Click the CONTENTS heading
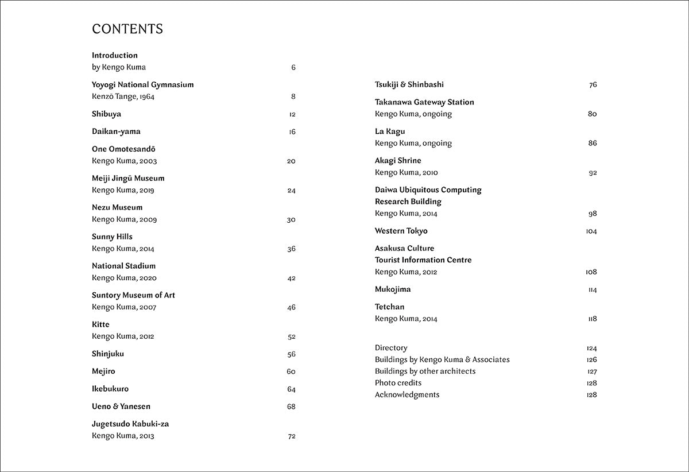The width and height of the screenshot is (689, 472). [127, 29]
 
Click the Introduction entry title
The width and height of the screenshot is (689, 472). [115, 56]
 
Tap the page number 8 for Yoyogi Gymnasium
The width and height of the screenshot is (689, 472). [293, 96]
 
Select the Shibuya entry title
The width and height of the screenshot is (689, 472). [106, 114]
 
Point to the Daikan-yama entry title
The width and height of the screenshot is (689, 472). [116, 131]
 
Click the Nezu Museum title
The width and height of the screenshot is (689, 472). [117, 207]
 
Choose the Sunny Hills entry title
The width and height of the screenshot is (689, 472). [112, 237]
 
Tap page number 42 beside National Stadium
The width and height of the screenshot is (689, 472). [291, 278]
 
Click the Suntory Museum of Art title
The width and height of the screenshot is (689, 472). [133, 295]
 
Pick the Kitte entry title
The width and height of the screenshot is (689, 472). [100, 324]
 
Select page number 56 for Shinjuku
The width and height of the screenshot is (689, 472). [291, 354]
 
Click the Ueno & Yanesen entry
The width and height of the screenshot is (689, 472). [121, 407]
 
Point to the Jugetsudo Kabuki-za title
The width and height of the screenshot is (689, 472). [130, 424]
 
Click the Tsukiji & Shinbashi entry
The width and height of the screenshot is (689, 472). [409, 84]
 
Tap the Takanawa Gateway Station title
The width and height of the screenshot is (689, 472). [424, 102]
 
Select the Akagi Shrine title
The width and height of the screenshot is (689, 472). [398, 161]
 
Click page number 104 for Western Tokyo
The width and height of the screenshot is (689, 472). [591, 231]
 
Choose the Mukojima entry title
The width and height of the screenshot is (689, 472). [393, 289]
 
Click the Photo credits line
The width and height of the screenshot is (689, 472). [398, 383]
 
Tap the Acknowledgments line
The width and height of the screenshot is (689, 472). [407, 394]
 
